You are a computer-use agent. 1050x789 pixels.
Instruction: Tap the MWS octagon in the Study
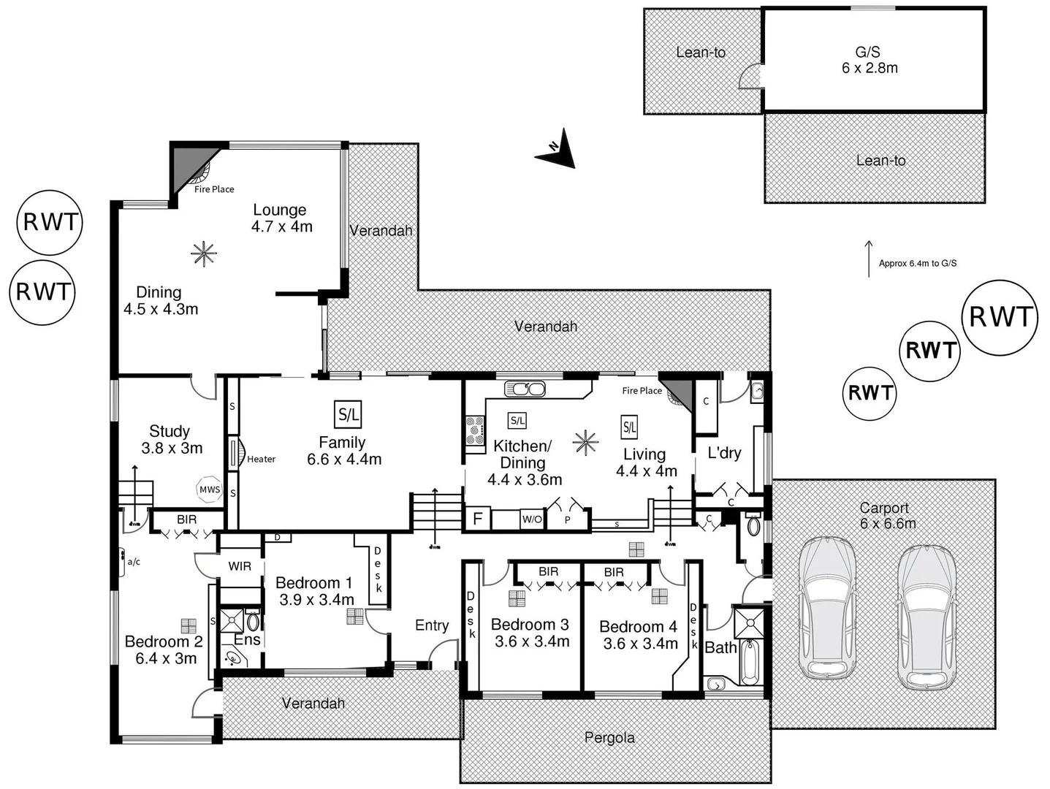click(x=209, y=489)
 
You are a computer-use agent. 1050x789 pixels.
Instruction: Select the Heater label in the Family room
click(x=261, y=459)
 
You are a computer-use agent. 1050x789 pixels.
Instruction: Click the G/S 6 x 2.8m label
click(x=869, y=60)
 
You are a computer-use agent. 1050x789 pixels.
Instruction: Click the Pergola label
click(x=609, y=738)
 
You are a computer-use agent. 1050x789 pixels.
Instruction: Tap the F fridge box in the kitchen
click(x=478, y=519)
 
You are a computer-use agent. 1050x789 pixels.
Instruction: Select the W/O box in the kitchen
click(x=531, y=519)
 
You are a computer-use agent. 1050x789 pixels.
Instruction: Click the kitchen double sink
click(x=524, y=389)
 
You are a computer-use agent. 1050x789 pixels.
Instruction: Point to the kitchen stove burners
click(x=475, y=430)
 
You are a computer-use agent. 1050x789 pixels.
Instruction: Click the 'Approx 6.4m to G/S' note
click(x=917, y=263)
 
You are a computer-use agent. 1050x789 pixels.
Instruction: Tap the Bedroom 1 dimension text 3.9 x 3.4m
click(x=316, y=600)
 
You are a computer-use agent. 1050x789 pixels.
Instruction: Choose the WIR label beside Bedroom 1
click(x=240, y=566)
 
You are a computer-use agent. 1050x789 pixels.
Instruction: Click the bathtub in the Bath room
click(x=750, y=662)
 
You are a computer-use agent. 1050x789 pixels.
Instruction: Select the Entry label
click(x=432, y=625)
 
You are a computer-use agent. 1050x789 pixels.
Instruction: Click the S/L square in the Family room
click(x=349, y=415)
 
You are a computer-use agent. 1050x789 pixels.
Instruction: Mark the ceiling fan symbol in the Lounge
click(x=204, y=254)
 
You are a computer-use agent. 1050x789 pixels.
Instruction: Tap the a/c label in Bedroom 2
click(x=134, y=562)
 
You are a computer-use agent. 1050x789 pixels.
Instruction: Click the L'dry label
click(x=724, y=453)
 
